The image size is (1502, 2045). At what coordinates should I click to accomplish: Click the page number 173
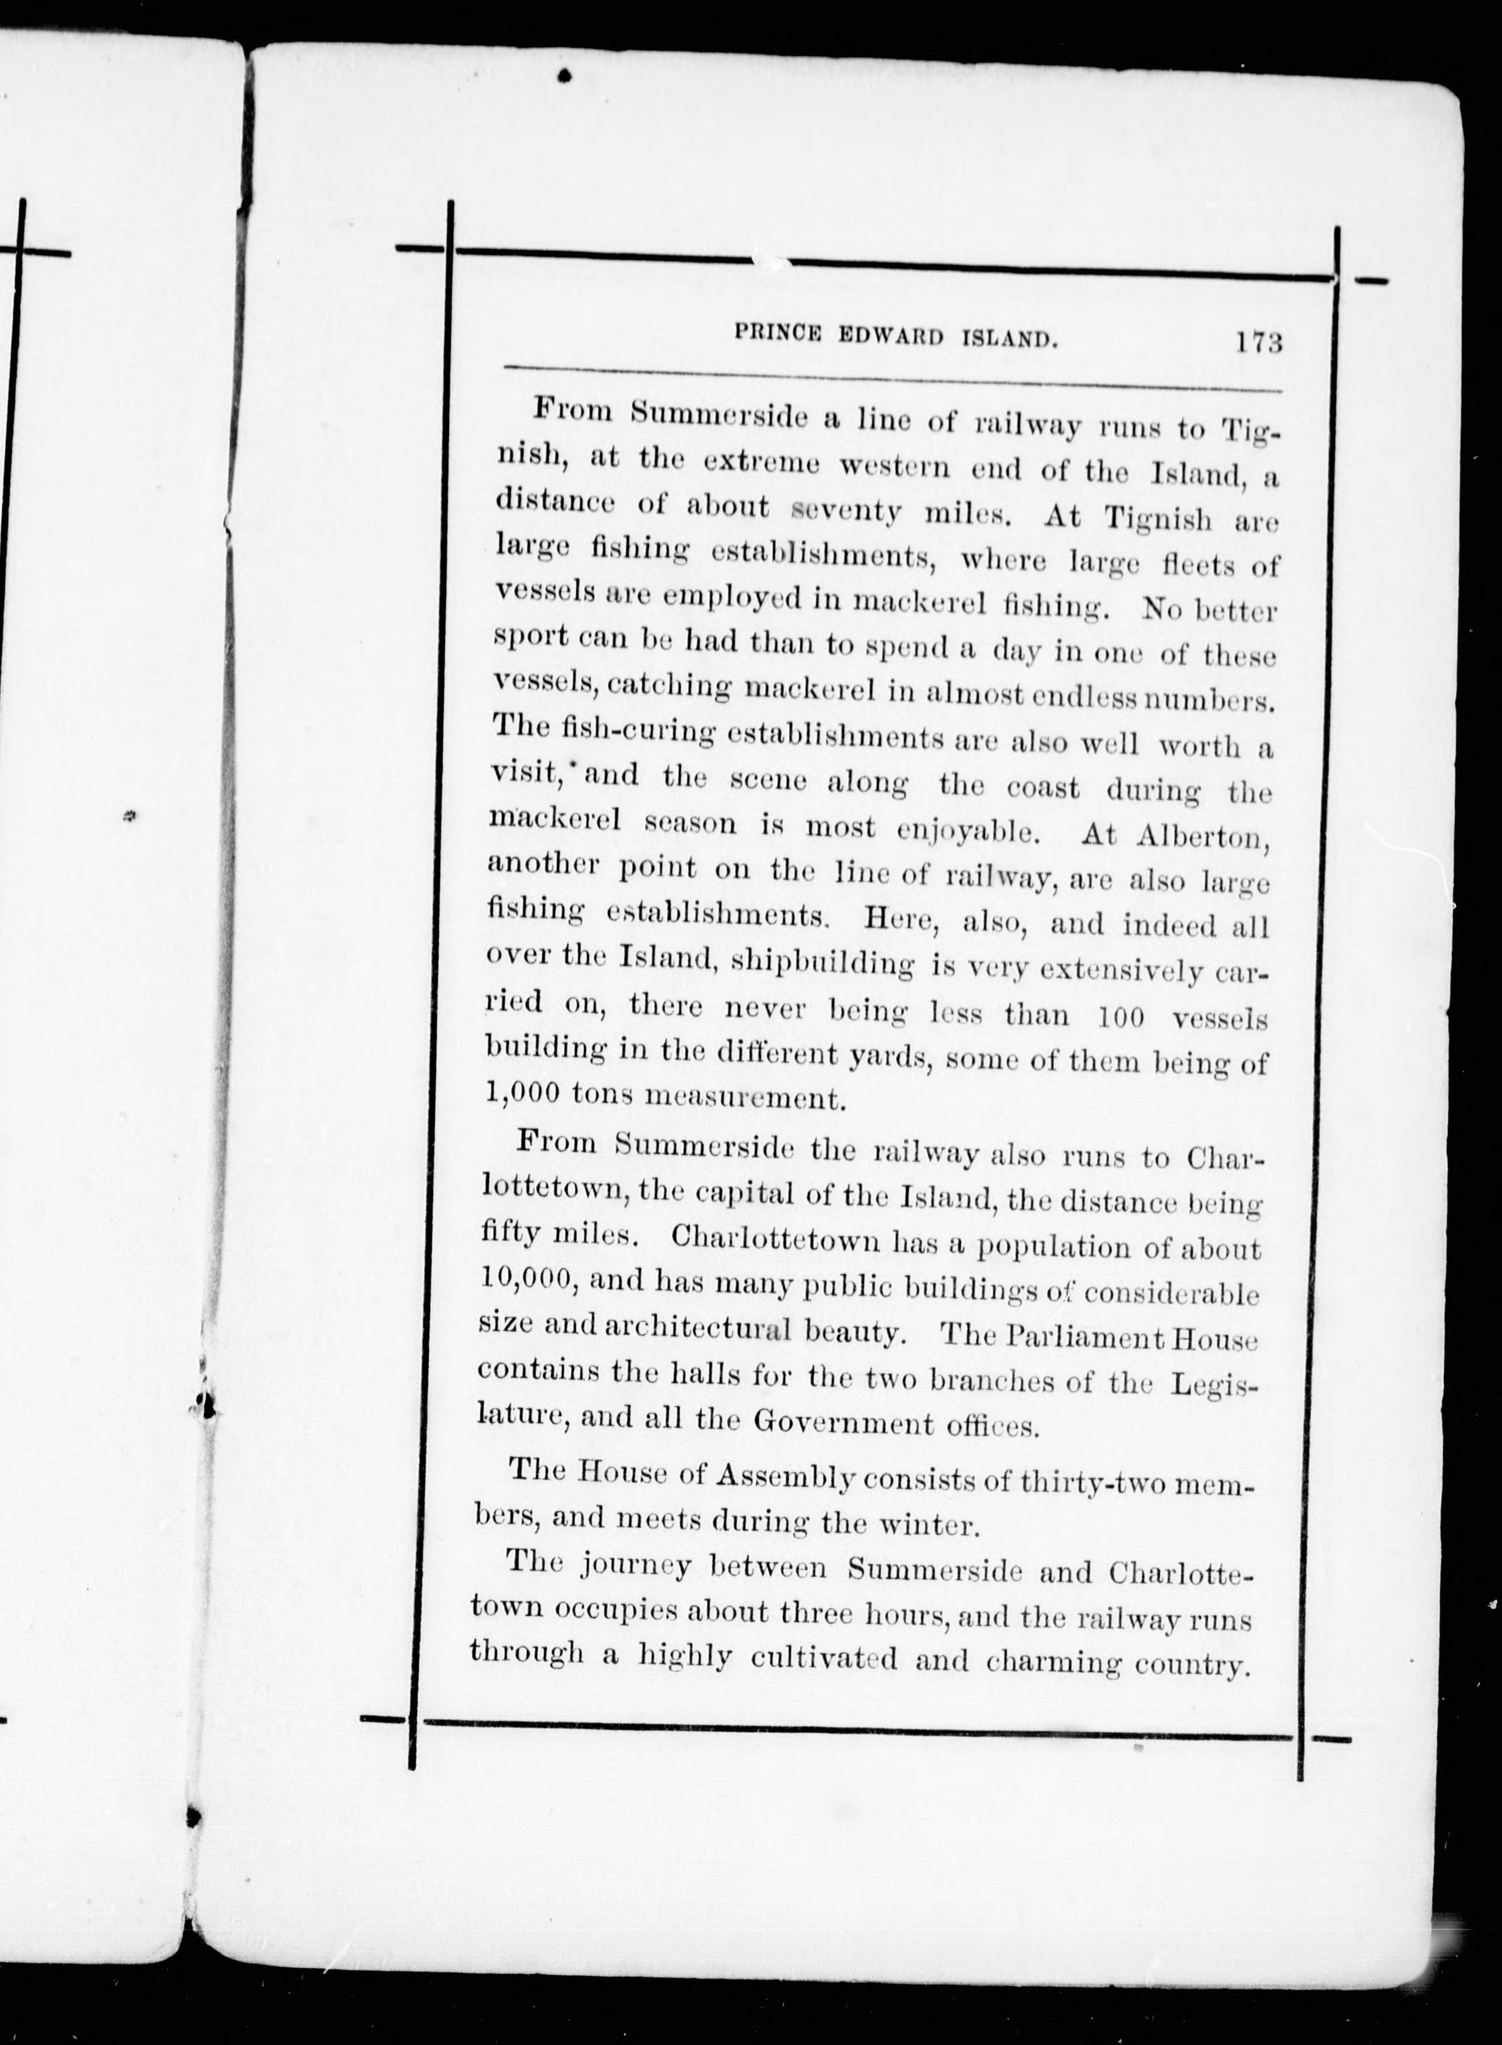[1258, 344]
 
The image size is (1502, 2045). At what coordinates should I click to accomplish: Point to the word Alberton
[1201, 837]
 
